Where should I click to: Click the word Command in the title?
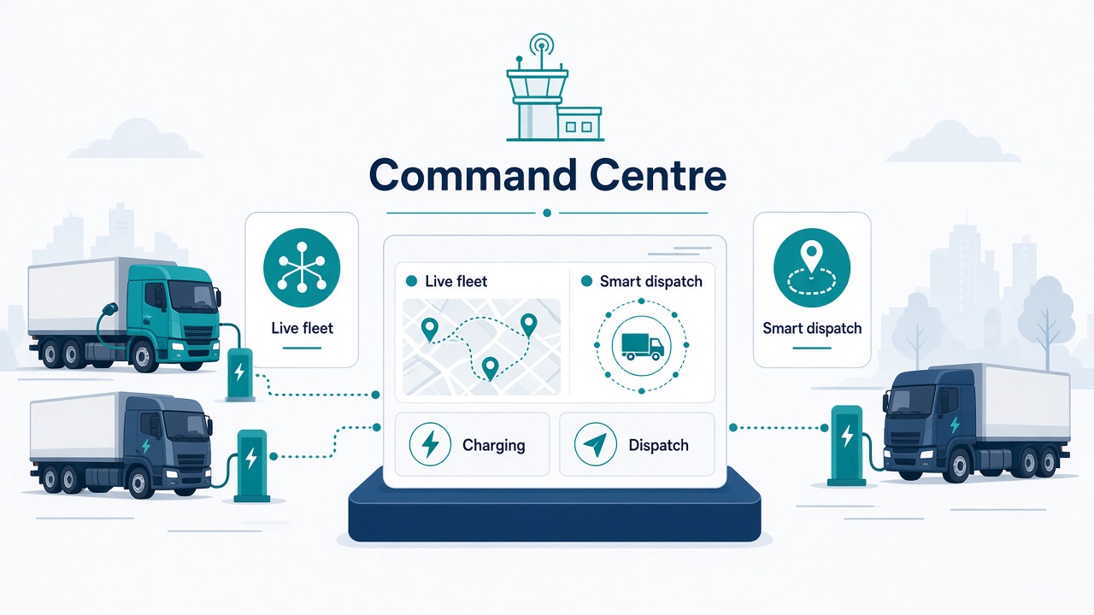pos(473,175)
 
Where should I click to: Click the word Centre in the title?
pos(658,175)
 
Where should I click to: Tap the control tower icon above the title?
pos(555,87)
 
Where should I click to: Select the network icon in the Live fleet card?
pos(302,267)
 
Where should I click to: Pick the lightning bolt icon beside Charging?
pos(430,444)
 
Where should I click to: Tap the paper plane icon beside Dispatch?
pos(596,444)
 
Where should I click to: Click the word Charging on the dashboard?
pos(494,445)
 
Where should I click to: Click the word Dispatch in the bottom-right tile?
pos(658,445)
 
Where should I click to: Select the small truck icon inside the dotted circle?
pos(642,346)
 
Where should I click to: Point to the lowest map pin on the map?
pos(490,368)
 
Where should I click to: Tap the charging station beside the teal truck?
pos(240,373)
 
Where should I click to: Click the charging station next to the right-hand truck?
pos(846,446)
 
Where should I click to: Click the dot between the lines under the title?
pos(547,213)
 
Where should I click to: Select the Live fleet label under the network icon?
pos(302,328)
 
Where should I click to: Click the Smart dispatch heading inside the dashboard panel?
pos(650,282)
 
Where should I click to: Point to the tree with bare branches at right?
pos(1047,322)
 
